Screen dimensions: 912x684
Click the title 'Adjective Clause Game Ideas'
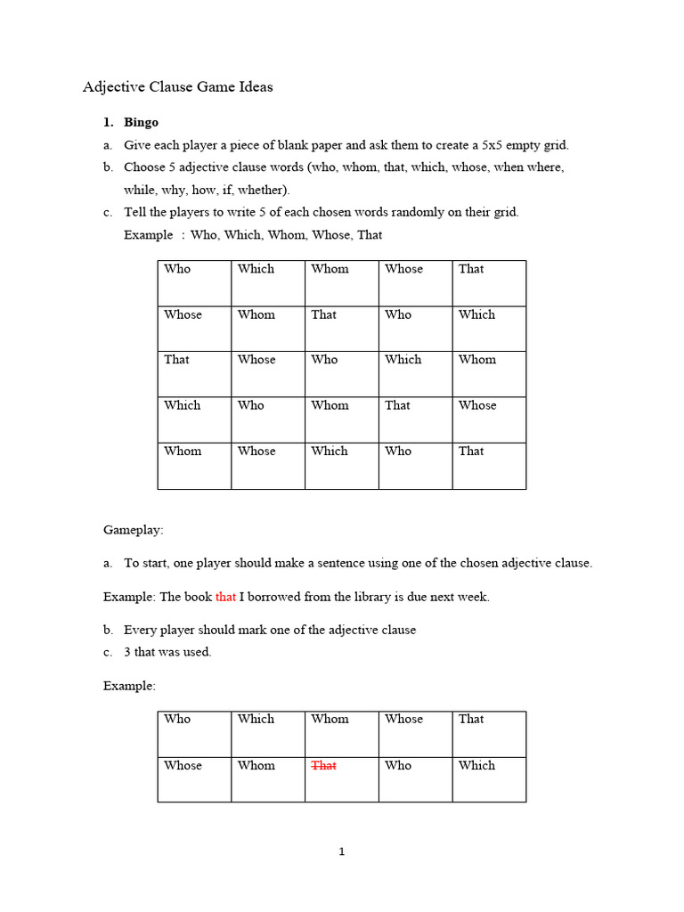click(177, 87)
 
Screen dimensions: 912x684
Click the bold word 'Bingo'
click(141, 122)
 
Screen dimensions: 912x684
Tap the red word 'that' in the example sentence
click(225, 597)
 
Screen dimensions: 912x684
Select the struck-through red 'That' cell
click(323, 765)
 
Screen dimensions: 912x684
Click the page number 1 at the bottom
click(341, 852)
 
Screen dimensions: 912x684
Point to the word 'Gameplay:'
click(134, 530)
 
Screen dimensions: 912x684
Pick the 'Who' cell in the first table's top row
click(177, 269)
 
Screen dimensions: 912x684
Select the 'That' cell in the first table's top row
click(471, 269)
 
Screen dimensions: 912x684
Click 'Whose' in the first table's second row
click(183, 314)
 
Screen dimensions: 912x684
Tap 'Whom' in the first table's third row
click(476, 360)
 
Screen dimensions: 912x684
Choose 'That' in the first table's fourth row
click(397, 405)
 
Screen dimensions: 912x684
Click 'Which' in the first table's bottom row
click(330, 451)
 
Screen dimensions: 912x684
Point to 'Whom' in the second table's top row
click(330, 719)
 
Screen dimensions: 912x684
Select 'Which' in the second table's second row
click(476, 765)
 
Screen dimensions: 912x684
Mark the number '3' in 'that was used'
click(127, 652)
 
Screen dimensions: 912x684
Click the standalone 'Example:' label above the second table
click(129, 686)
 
